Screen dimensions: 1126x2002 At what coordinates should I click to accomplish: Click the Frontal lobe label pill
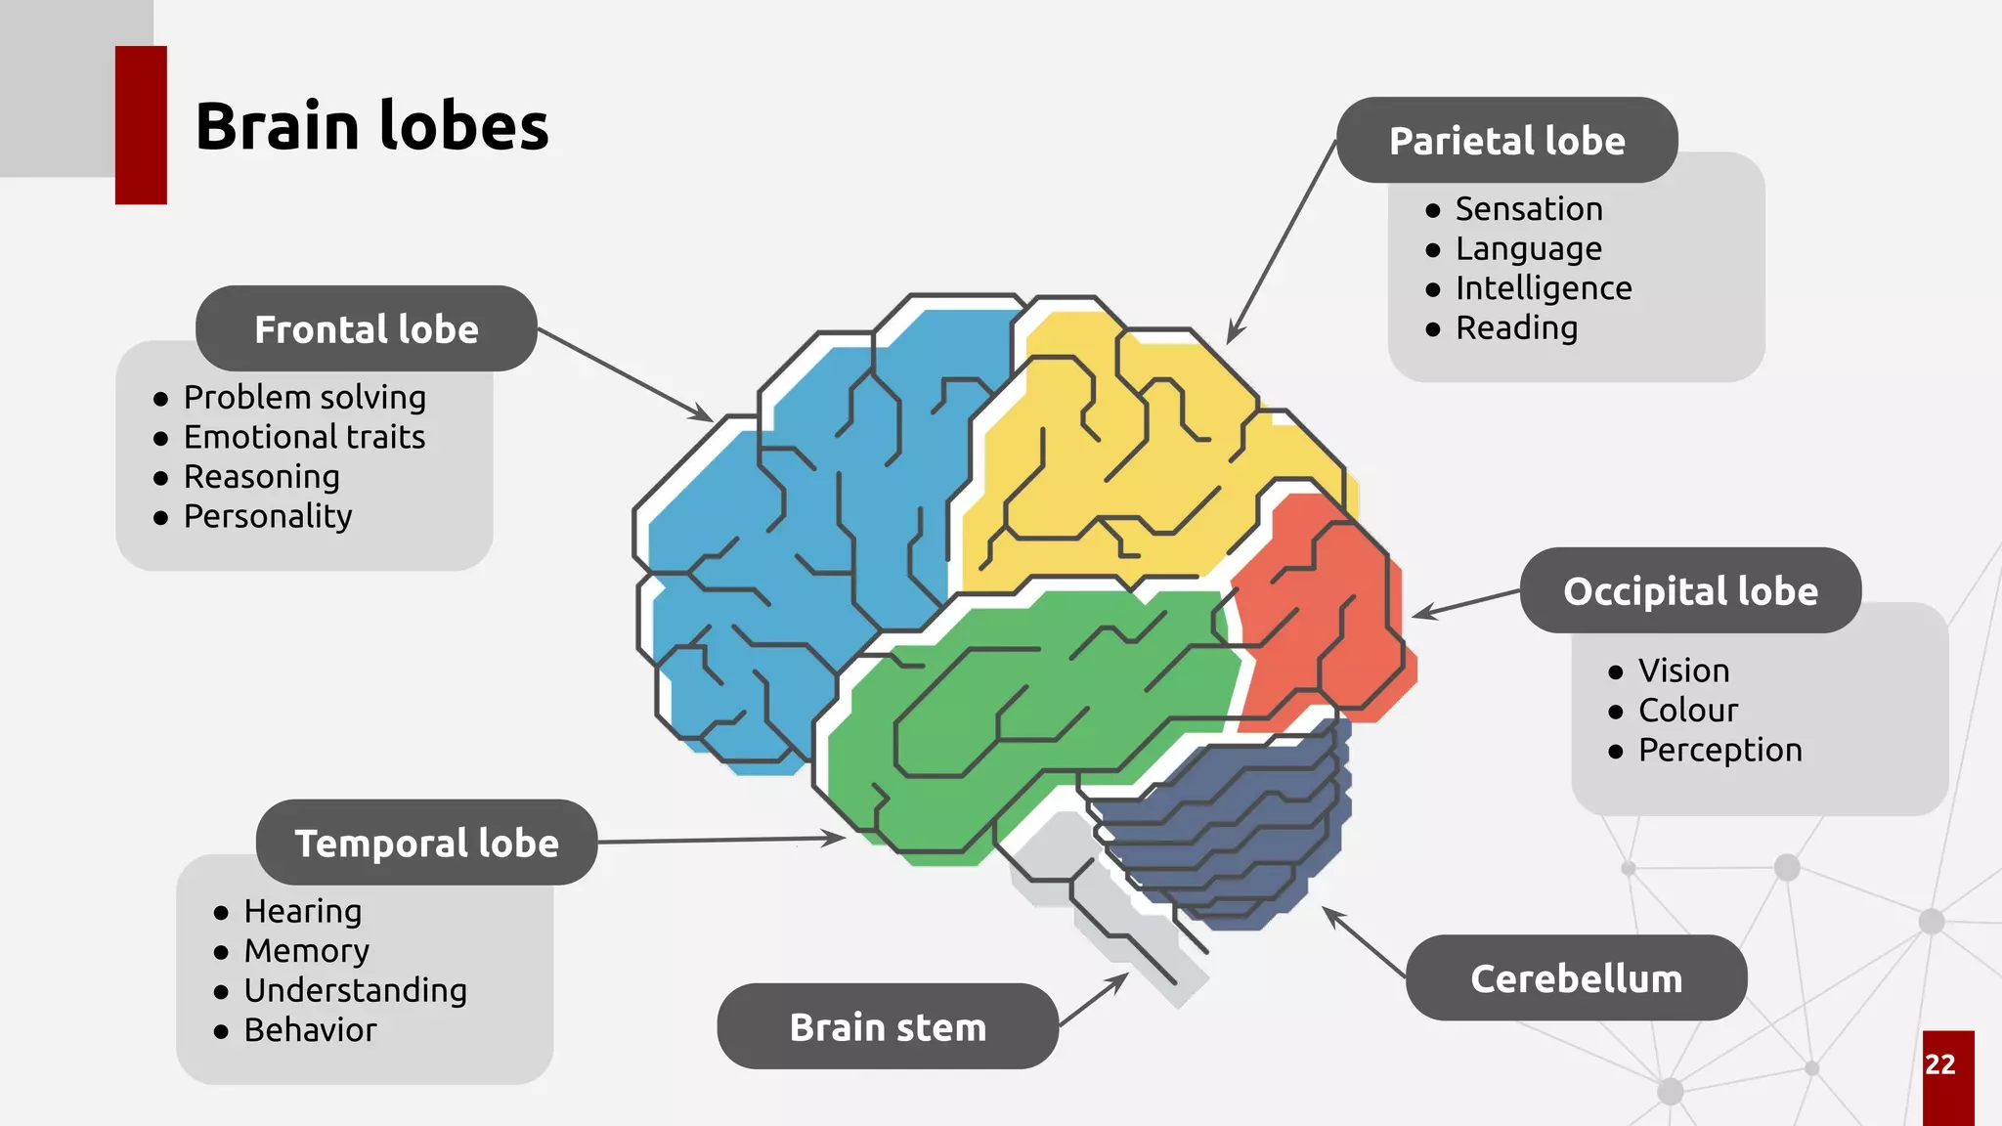tap(367, 329)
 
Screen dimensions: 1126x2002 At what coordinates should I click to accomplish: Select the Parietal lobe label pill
tap(1506, 141)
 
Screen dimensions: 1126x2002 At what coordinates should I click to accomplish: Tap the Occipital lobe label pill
tap(1690, 591)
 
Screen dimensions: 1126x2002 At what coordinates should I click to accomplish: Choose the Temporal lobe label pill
tap(426, 844)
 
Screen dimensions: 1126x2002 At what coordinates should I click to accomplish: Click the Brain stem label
tap(888, 1027)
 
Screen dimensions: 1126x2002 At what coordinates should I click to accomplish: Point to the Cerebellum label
tap(1576, 978)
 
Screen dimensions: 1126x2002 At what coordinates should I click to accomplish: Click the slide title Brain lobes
tap(371, 127)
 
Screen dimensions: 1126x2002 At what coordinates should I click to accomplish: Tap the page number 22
tap(1940, 1064)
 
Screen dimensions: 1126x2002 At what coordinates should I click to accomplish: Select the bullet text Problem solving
tap(305, 398)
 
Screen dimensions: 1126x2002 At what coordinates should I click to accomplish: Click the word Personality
tap(268, 516)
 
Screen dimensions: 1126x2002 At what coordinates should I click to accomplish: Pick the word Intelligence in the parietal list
tap(1544, 288)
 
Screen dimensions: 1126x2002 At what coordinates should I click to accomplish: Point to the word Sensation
tap(1529, 209)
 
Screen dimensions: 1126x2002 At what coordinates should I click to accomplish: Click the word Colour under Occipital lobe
tap(1688, 711)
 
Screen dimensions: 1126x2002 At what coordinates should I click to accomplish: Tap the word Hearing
tap(303, 911)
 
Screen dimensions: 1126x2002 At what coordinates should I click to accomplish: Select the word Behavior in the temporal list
tap(310, 1030)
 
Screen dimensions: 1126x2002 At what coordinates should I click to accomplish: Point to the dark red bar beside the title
tap(141, 125)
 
